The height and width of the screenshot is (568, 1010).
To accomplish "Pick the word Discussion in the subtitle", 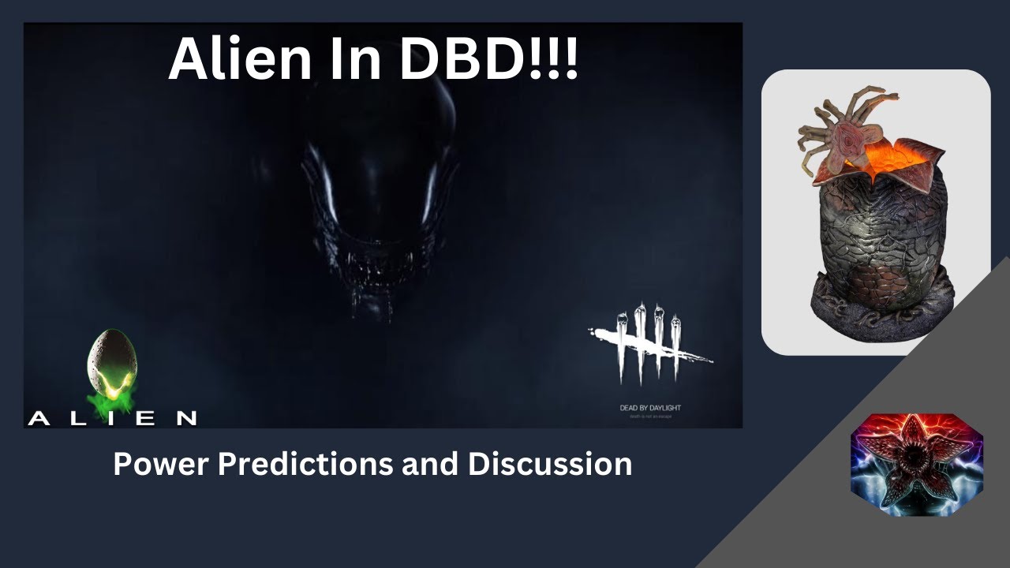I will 549,464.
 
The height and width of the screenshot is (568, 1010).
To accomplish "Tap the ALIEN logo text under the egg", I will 112,418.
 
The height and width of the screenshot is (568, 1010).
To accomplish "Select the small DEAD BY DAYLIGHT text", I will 650,408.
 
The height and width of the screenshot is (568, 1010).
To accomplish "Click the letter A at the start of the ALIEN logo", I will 36,419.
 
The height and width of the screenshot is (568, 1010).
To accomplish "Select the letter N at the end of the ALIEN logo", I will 186,419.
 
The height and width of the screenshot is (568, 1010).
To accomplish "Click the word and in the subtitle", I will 432,464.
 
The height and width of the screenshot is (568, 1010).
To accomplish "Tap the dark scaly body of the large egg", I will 876,237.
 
